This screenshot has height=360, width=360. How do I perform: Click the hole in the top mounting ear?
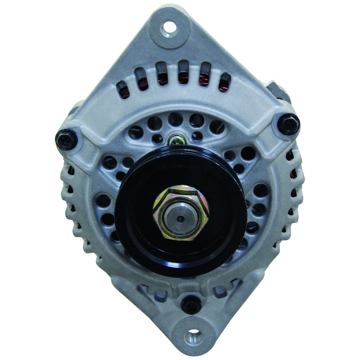(169, 28)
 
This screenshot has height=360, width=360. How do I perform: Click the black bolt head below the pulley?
(191, 305)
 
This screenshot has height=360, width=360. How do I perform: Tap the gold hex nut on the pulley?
(180, 211)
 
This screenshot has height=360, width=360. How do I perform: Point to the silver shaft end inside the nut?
(180, 219)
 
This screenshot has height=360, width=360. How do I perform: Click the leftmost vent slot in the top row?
(123, 89)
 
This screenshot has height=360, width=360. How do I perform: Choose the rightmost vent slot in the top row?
(224, 82)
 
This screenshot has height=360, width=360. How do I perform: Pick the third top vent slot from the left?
(162, 73)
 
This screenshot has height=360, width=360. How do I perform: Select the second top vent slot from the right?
(205, 74)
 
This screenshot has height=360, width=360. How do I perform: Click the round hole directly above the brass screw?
(175, 120)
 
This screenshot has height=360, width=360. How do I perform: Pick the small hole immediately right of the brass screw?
(197, 136)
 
